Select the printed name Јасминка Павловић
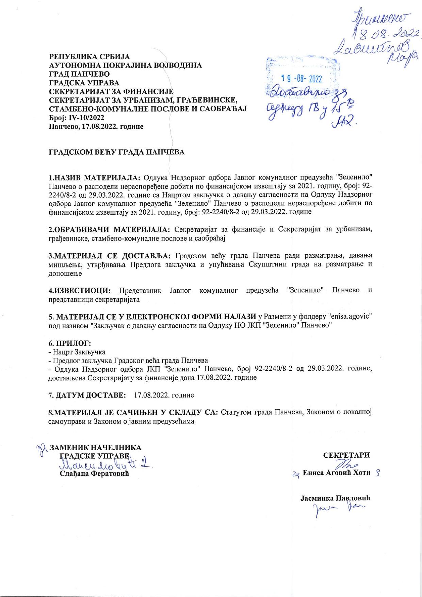[x=335, y=498]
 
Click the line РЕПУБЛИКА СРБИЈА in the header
[x=90, y=56]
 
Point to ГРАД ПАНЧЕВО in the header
[x=79, y=74]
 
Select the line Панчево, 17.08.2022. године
[x=96, y=126]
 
